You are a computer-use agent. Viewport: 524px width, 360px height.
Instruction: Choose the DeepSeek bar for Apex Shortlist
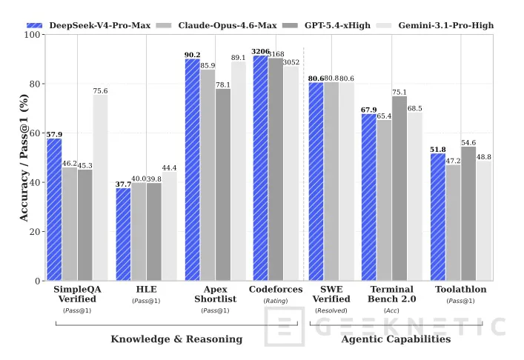tap(192, 170)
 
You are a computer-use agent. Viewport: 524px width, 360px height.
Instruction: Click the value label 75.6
tap(100, 91)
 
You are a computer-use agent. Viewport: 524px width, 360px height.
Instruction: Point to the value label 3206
tap(260, 51)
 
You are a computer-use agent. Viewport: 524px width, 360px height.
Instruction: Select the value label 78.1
tap(223, 84)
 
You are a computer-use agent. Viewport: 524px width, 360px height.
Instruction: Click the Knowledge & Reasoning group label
tap(176, 339)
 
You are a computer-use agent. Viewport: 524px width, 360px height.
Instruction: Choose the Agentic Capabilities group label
tap(396, 339)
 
